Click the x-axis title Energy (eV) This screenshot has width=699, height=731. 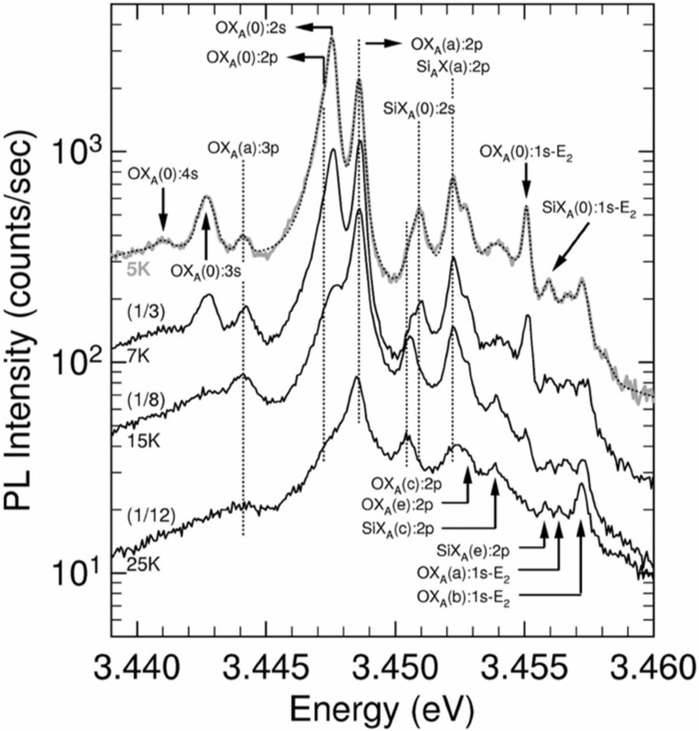pyautogui.click(x=381, y=710)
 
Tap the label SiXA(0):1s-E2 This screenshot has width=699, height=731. pyautogui.click(x=588, y=212)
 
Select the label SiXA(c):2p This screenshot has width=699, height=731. pyautogui.click(x=402, y=527)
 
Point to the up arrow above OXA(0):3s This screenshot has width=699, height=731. pyautogui.click(x=206, y=235)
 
